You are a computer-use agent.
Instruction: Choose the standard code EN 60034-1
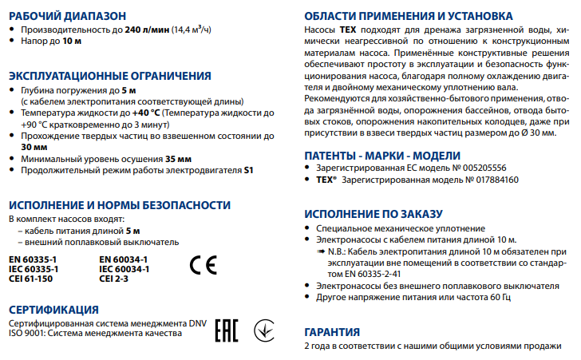(123, 259)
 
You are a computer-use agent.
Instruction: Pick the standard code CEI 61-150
(32, 279)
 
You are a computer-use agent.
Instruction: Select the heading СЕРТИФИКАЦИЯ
(53, 310)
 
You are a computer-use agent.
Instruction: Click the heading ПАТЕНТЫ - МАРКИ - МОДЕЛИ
(383, 155)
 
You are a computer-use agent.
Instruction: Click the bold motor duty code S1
(248, 171)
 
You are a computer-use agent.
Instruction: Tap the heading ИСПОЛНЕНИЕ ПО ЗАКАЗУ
(373, 213)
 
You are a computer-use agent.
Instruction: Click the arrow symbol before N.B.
(320, 251)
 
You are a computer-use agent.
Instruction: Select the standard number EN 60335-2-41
(357, 274)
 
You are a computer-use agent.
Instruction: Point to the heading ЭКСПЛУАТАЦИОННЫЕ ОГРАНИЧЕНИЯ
(109, 76)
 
